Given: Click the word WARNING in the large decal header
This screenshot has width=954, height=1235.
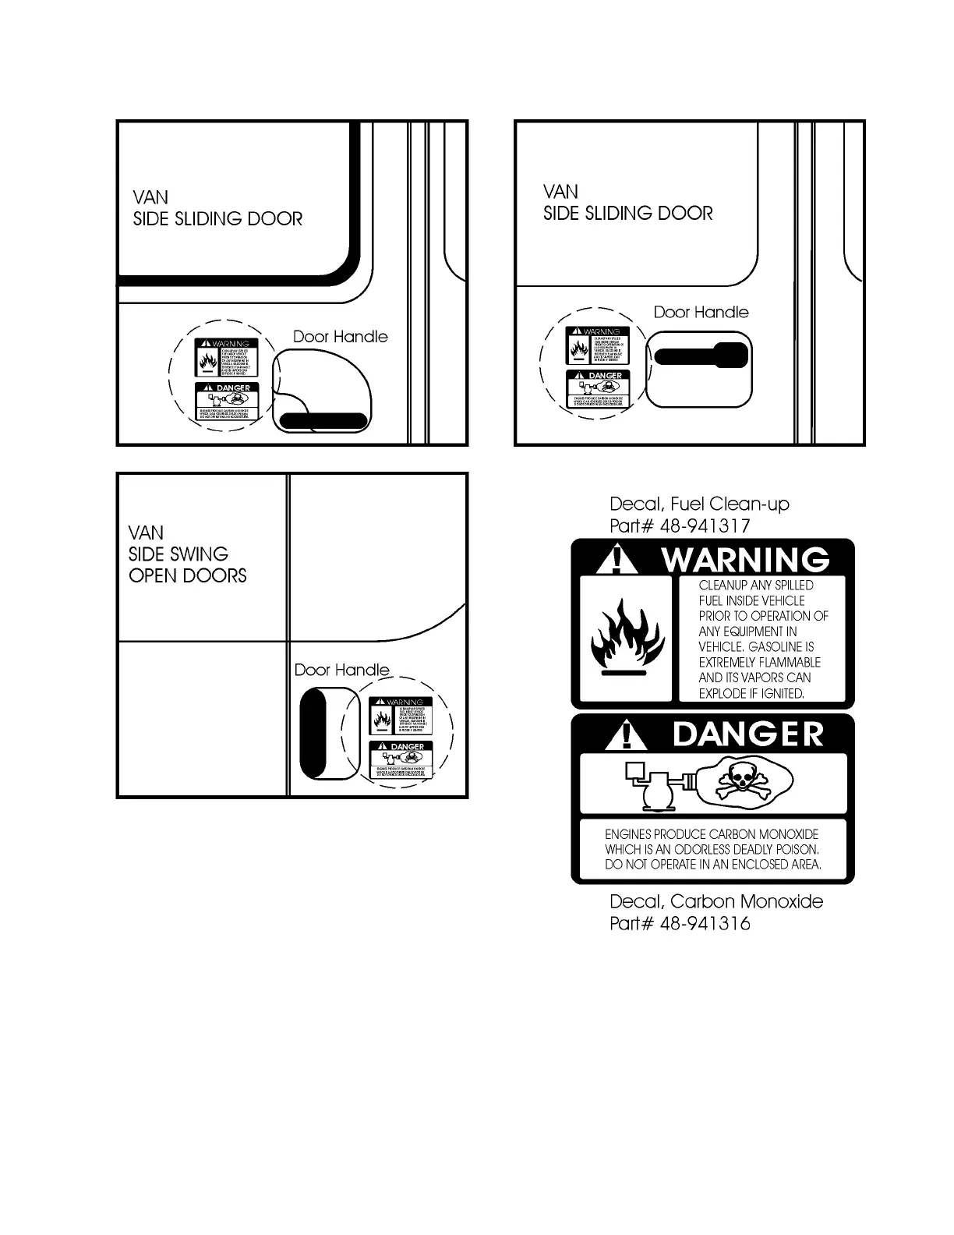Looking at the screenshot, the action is click(745, 560).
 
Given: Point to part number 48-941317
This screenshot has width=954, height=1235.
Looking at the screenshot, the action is click(705, 525).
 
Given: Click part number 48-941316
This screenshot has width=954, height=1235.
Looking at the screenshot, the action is click(705, 923).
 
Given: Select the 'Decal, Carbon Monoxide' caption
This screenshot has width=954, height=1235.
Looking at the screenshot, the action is click(715, 901).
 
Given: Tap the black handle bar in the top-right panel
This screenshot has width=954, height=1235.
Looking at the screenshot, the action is click(701, 356).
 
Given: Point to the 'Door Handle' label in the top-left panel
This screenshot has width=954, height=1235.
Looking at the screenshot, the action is click(340, 337).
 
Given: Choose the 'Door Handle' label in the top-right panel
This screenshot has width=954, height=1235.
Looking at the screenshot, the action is click(701, 313).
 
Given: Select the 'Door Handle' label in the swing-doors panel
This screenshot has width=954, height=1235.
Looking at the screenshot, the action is click(341, 670).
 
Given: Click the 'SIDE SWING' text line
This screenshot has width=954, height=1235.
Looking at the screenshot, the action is click(178, 554).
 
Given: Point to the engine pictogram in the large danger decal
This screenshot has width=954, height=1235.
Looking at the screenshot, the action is click(653, 784).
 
